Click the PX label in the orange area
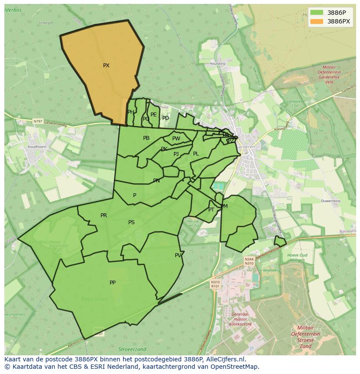[106, 66]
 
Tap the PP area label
[113, 283]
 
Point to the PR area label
[103, 215]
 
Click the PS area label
[131, 222]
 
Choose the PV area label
[178, 255]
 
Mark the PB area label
[146, 138]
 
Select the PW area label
[176, 139]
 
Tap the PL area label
[196, 154]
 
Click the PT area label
[211, 210]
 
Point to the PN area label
[156, 181]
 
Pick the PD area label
[166, 118]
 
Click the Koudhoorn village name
[37, 147]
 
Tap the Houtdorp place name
[217, 64]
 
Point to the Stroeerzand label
[132, 349]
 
